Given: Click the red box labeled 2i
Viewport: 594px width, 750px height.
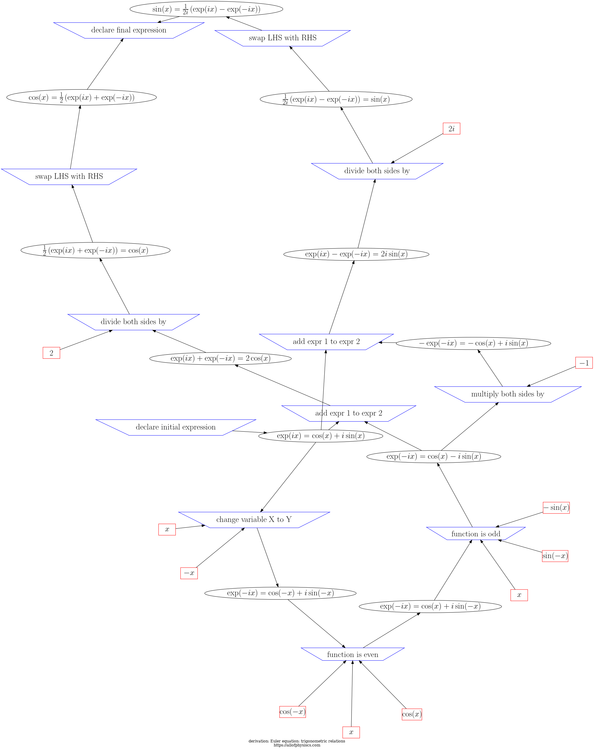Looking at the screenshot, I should [x=451, y=129].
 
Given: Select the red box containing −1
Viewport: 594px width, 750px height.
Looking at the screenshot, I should [x=584, y=363].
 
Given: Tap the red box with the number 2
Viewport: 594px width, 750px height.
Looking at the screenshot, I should [x=52, y=353].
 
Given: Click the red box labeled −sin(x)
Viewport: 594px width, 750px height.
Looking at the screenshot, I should [x=556, y=508].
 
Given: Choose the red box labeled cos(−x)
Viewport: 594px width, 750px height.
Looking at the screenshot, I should [x=292, y=711].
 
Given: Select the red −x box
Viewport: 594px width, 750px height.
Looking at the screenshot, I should [x=189, y=573].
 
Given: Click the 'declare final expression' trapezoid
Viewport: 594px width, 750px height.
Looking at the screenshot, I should [x=129, y=30].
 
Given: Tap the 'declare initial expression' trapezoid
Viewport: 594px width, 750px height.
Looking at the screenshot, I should [x=176, y=427].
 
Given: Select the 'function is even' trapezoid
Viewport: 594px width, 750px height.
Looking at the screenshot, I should [x=352, y=654].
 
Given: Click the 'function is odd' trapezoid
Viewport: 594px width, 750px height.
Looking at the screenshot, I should [x=475, y=534].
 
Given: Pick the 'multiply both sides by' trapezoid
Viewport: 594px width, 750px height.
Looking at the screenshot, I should [x=507, y=394].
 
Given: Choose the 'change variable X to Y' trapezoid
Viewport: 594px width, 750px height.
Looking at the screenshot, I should [x=254, y=520].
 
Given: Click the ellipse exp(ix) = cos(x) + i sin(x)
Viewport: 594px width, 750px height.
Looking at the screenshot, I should [x=321, y=436].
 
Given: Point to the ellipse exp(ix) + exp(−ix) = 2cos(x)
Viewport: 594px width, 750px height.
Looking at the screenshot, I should [x=220, y=358].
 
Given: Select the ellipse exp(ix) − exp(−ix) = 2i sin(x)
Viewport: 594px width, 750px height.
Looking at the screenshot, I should [x=356, y=254].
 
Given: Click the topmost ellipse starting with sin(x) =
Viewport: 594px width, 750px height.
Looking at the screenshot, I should [x=206, y=9].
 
